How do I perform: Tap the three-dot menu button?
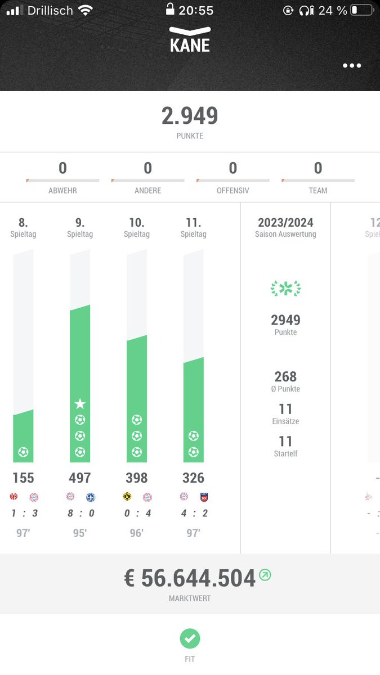[352, 66]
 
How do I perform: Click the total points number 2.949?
[190, 116]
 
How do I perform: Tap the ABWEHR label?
[62, 191]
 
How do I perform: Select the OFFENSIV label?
[233, 191]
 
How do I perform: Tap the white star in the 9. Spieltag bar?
[80, 403]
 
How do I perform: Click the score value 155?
[23, 478]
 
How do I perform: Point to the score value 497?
[80, 478]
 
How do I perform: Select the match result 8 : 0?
[80, 513]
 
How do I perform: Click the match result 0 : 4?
[136, 513]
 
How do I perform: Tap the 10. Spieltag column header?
[136, 227]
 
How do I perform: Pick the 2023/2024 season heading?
[285, 223]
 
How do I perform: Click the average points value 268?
[285, 376]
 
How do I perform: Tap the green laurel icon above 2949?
[285, 289]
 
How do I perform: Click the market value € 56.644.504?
[190, 578]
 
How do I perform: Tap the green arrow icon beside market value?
[265, 575]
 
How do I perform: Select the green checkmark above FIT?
[190, 638]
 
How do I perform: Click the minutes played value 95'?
[80, 533]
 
